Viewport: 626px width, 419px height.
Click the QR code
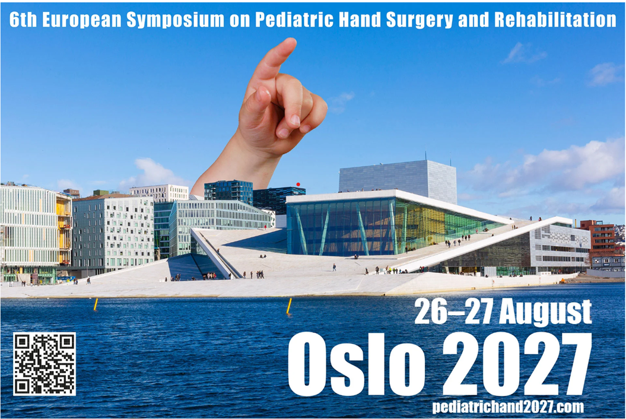(45, 364)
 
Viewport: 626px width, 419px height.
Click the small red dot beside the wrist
(298, 185)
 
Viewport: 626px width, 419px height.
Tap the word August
(545, 312)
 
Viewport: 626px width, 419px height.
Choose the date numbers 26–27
(454, 312)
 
